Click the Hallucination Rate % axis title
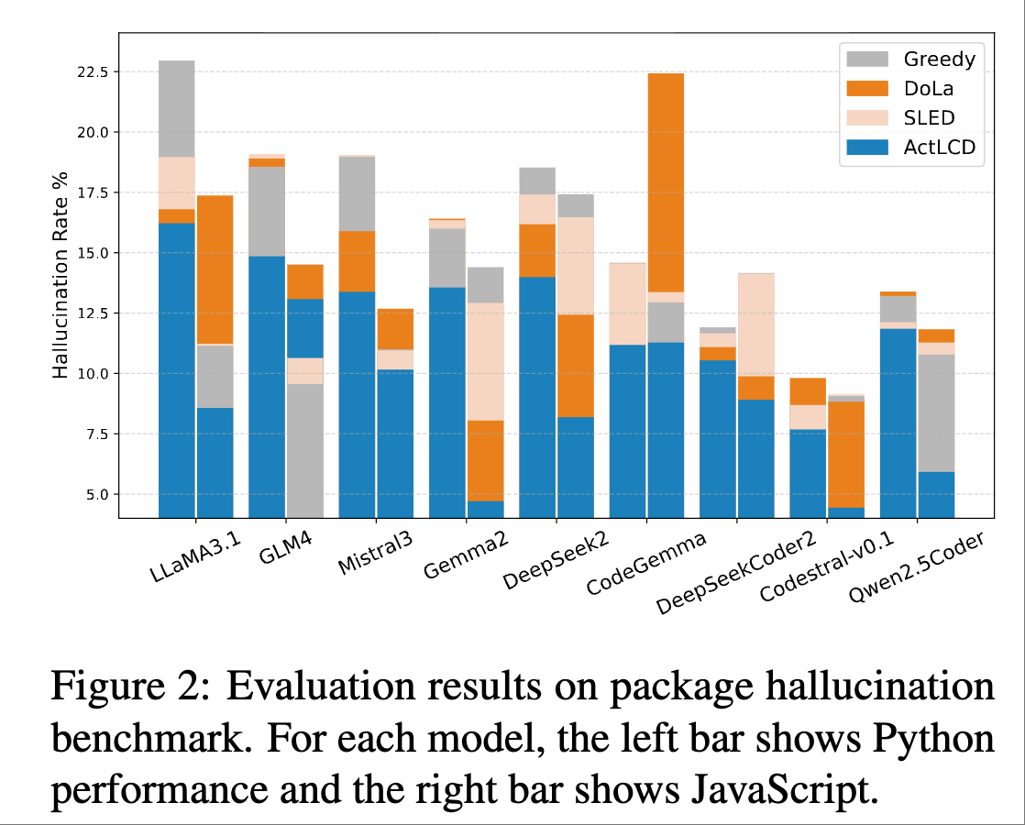61,276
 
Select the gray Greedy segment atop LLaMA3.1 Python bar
176,108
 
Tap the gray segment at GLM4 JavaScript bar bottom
305,450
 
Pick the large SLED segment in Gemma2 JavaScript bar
485,361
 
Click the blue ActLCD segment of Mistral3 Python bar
357,403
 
